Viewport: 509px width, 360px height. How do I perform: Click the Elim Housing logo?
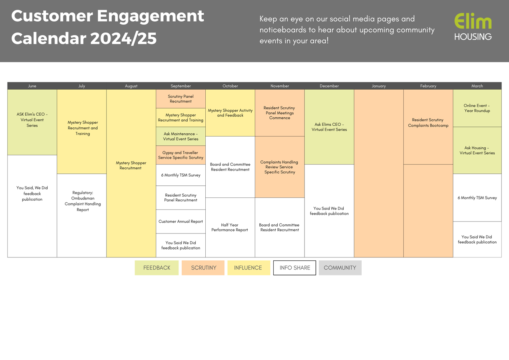pyautogui.click(x=473, y=27)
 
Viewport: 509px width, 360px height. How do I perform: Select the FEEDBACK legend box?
pyautogui.click(x=156, y=267)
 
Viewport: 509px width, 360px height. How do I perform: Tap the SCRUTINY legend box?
pyautogui.click(x=203, y=267)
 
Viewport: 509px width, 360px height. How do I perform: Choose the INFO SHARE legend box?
pyautogui.click(x=295, y=267)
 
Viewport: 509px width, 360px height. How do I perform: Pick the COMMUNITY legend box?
pyautogui.click(x=340, y=267)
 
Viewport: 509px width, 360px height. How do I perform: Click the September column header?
pyautogui.click(x=180, y=86)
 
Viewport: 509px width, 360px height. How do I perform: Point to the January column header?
pyautogui.click(x=379, y=86)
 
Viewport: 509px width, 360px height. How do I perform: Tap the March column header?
pyautogui.click(x=477, y=86)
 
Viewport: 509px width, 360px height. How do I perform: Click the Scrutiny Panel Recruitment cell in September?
pyautogui.click(x=180, y=99)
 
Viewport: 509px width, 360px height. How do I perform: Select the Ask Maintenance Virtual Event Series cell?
pyautogui.click(x=180, y=137)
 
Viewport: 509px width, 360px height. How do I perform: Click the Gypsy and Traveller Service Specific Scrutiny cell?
pyautogui.click(x=180, y=155)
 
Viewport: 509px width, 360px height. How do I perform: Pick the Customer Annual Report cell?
pyautogui.click(x=180, y=221)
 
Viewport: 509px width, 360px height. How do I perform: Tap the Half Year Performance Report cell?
pyautogui.click(x=230, y=227)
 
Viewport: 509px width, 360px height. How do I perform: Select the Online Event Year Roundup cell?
pyautogui.click(x=477, y=108)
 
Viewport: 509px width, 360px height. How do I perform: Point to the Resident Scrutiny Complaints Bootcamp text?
pyautogui.click(x=428, y=123)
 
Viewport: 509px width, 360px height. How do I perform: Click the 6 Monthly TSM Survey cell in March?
pyautogui.click(x=477, y=198)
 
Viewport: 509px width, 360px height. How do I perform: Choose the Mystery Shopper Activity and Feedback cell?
pyautogui.click(x=230, y=113)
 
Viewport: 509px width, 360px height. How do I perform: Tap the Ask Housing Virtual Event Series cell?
pyautogui.click(x=477, y=151)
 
